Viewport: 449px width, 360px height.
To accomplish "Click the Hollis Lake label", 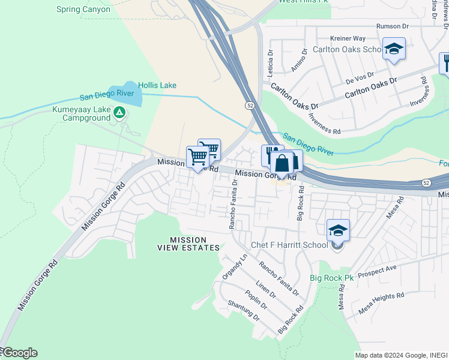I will click(x=157, y=85).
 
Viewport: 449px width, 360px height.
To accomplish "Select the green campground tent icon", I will click(x=119, y=112).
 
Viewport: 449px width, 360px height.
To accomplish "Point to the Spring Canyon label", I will click(x=83, y=10).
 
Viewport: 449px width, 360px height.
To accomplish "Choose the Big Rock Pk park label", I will click(x=332, y=278).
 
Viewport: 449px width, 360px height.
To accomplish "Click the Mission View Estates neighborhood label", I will click(x=188, y=243).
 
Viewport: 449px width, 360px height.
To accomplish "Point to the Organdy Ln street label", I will click(x=234, y=265).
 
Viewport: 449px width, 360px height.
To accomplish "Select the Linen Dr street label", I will click(x=265, y=290).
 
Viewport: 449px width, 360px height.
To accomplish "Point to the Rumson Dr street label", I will click(x=392, y=26).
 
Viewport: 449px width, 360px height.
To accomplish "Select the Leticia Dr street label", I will click(x=270, y=65).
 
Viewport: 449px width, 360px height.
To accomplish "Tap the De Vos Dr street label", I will click(x=359, y=77).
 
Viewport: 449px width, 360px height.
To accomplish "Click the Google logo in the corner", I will click(x=19, y=353).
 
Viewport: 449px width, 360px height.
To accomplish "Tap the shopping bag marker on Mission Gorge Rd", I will click(x=282, y=163).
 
